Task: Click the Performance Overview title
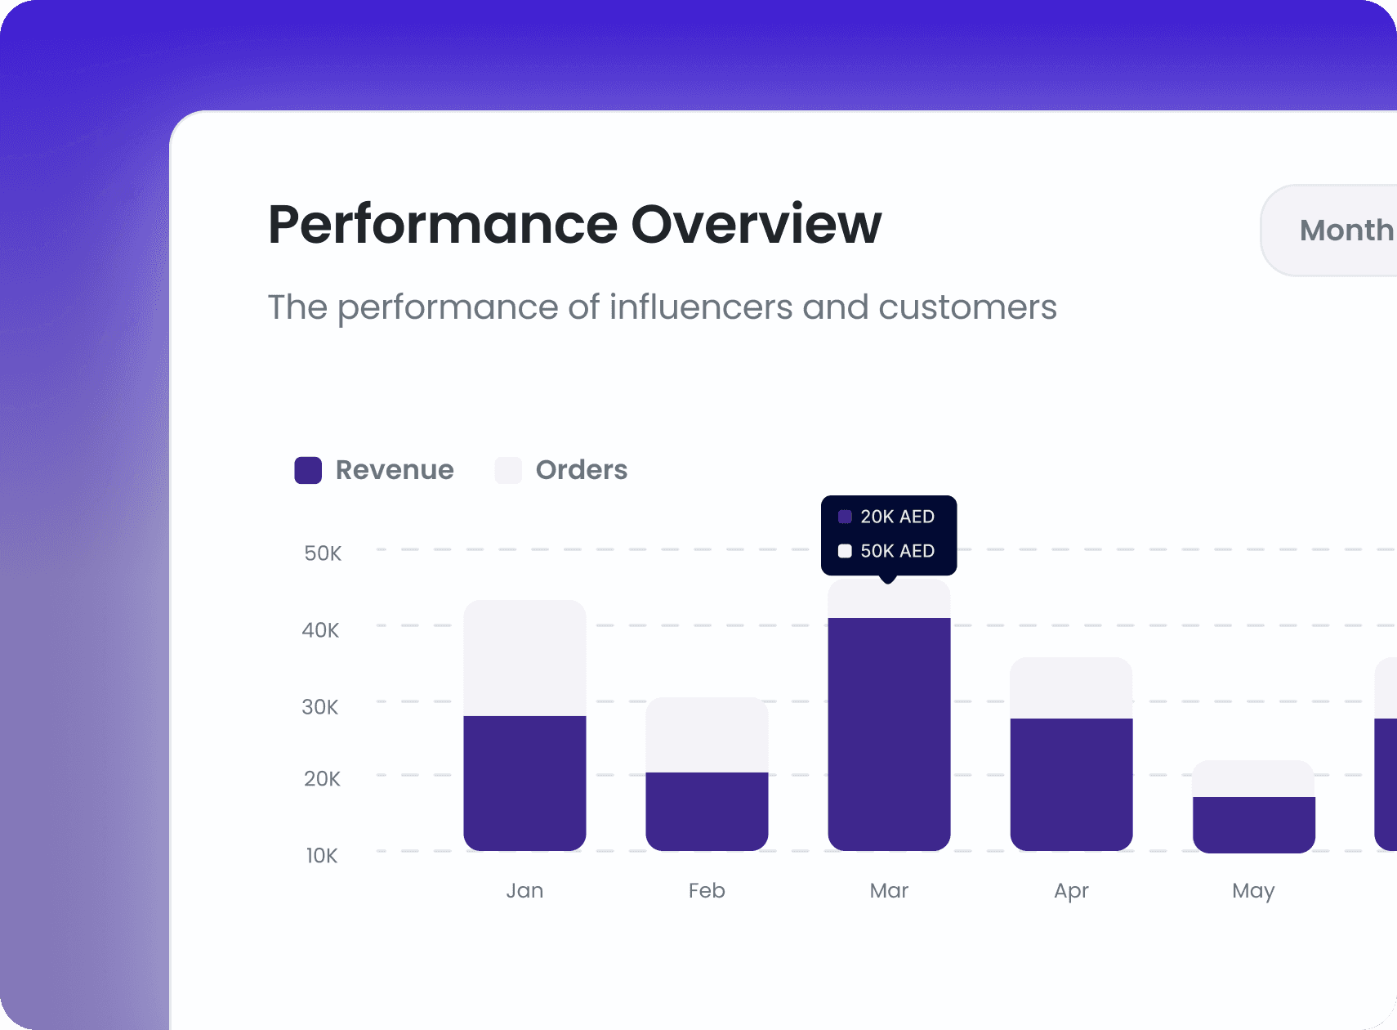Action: click(574, 225)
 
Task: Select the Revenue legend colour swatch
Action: click(308, 470)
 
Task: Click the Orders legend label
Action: click(581, 470)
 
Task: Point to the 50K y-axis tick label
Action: click(323, 553)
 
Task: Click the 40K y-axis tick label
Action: click(320, 630)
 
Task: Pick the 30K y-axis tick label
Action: click(320, 707)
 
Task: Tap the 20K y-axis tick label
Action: click(322, 779)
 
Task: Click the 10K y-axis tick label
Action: click(322, 856)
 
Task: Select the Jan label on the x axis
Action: click(524, 890)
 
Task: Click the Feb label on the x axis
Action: click(707, 890)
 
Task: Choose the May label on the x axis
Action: click(1253, 891)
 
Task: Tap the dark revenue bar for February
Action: click(707, 811)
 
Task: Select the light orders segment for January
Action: click(524, 658)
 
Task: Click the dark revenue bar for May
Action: click(1253, 824)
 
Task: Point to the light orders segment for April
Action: click(1071, 687)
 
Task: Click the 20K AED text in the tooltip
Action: click(897, 517)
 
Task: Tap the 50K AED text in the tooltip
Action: click(897, 551)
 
